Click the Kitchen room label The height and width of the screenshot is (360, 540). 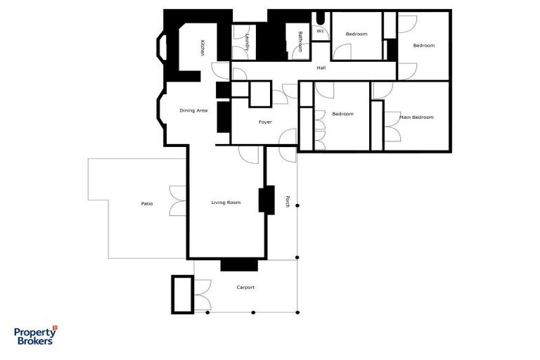[x=202, y=48]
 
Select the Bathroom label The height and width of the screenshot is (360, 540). [x=300, y=42]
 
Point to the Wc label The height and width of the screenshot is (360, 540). [x=320, y=31]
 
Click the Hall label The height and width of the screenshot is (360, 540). [x=321, y=68]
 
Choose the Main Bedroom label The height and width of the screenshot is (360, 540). [x=416, y=117]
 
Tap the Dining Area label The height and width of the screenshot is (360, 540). [x=193, y=110]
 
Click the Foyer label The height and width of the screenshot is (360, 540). [x=265, y=122]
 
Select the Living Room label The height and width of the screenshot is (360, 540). [x=226, y=202]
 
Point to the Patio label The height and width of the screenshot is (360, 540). [x=147, y=204]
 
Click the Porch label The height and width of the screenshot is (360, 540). [x=287, y=202]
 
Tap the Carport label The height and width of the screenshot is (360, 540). [x=245, y=288]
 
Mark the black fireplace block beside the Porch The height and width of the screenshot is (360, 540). [x=266, y=200]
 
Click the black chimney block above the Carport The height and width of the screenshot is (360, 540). [x=239, y=265]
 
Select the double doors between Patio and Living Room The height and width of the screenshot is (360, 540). [x=179, y=200]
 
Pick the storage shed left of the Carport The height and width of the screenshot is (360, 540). [x=182, y=294]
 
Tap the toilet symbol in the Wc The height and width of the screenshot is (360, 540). [x=321, y=19]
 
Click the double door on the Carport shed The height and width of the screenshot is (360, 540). [x=201, y=294]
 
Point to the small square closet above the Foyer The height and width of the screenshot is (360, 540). [x=260, y=94]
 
